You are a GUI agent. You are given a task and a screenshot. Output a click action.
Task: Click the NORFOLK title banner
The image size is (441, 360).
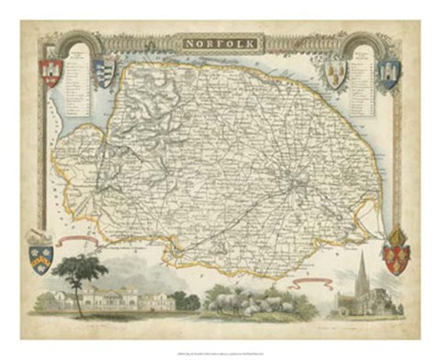point(220,43)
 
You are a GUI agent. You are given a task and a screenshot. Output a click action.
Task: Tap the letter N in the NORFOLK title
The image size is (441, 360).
point(187,43)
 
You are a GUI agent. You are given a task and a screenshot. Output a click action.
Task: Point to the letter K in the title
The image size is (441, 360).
point(254,43)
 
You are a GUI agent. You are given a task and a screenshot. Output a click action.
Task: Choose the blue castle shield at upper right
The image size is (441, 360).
point(390,73)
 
